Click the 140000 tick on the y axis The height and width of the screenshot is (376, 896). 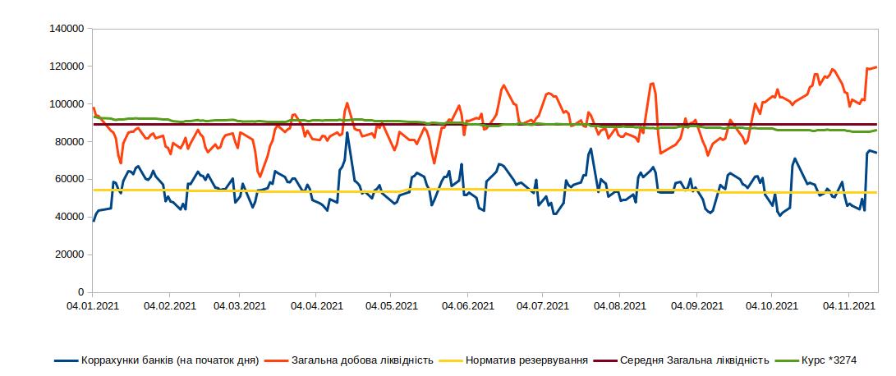68,29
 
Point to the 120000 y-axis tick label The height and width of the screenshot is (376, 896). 68,66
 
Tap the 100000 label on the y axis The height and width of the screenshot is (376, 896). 68,104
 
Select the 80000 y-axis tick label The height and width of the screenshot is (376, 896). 71,142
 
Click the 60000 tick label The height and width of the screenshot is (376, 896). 71,179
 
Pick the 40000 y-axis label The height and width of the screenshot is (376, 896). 71,217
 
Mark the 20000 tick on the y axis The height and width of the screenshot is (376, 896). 71,254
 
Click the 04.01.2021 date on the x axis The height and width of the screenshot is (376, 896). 93,306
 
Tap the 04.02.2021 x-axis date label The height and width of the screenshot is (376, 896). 169,306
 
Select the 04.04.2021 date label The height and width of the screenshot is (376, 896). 316,306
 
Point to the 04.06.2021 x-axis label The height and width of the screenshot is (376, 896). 467,306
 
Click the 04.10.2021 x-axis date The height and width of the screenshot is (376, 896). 771,306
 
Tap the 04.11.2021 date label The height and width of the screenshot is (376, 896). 848,306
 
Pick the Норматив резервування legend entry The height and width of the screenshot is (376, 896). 526,360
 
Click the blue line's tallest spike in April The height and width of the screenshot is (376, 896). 347,133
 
